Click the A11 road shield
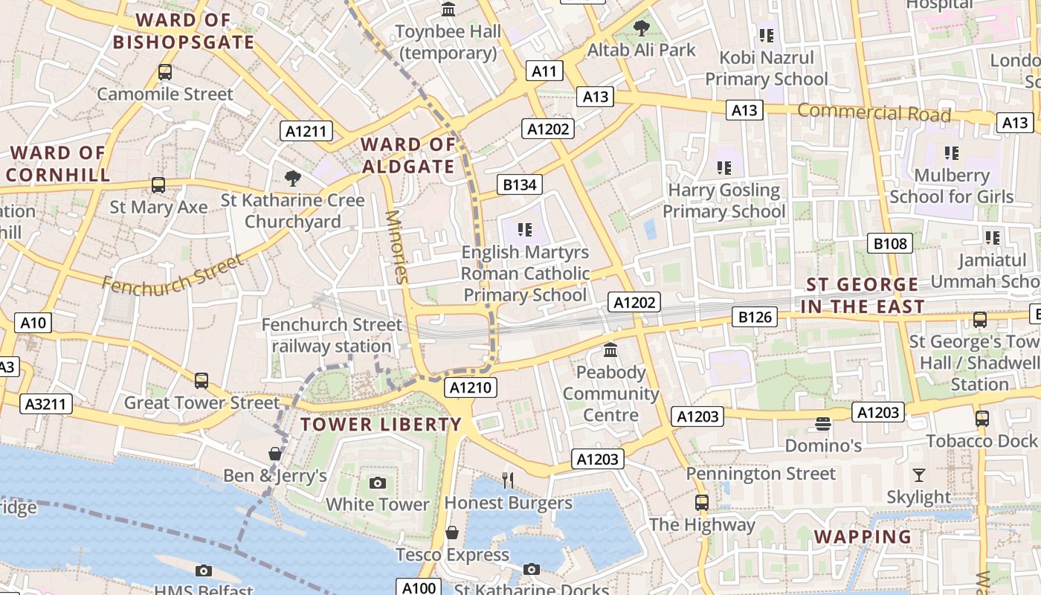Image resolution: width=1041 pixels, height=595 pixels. (x=544, y=71)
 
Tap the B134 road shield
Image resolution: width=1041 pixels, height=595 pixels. (x=520, y=184)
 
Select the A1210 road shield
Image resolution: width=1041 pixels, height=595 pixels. (x=471, y=387)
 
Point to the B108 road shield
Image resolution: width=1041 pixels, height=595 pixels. (x=890, y=243)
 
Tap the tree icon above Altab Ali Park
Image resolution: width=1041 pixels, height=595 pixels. (x=641, y=29)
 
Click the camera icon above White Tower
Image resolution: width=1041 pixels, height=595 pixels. (x=378, y=483)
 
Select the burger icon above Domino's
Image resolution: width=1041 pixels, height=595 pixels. (x=822, y=424)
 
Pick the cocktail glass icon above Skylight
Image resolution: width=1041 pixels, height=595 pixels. (x=919, y=475)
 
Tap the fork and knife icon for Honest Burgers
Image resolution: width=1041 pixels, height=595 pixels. (x=508, y=480)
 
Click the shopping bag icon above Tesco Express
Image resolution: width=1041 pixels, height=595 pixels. (x=451, y=533)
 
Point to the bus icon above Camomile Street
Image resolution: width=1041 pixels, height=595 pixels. (x=165, y=72)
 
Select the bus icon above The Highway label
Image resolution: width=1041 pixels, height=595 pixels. (x=701, y=502)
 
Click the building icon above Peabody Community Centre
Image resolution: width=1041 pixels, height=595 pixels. (x=610, y=350)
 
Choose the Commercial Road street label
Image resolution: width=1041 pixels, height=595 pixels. (x=874, y=113)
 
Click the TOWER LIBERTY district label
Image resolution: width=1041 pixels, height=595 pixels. (x=381, y=425)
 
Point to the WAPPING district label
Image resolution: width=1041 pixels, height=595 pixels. (x=863, y=537)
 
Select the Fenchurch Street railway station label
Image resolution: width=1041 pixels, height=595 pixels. (x=332, y=335)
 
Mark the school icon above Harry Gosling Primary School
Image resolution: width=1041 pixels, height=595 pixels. (x=723, y=168)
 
